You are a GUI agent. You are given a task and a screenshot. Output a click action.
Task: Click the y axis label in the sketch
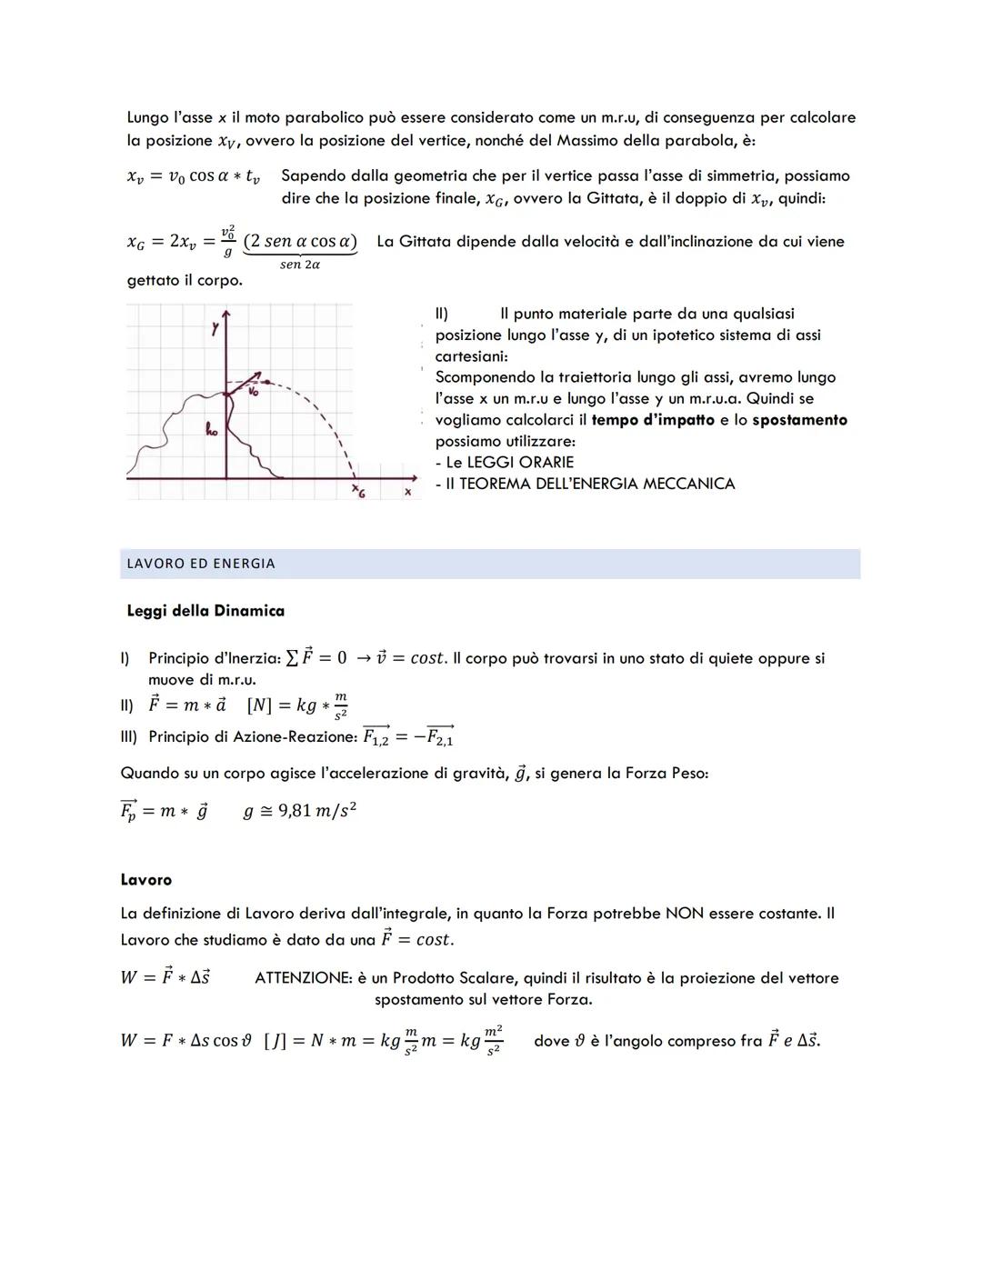[x=215, y=329]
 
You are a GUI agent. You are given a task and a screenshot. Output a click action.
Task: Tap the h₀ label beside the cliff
[x=211, y=430]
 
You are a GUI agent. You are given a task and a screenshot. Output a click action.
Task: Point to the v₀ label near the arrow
[x=254, y=392]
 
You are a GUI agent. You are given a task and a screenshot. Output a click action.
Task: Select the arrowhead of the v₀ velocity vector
[x=260, y=374]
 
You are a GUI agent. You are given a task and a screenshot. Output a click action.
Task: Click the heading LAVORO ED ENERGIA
[x=201, y=564]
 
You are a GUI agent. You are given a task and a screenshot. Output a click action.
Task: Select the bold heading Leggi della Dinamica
[x=205, y=611]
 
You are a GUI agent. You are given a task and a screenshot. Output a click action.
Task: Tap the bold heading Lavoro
[x=145, y=880]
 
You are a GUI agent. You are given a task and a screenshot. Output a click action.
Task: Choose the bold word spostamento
[x=799, y=420]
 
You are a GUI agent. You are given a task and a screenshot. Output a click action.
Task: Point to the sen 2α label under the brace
[x=299, y=265]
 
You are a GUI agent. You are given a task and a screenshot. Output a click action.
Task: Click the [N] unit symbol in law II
[x=260, y=705]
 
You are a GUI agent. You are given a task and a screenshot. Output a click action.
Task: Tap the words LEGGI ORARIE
[x=519, y=462]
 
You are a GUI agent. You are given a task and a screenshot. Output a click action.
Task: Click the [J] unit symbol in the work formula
[x=275, y=1041]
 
